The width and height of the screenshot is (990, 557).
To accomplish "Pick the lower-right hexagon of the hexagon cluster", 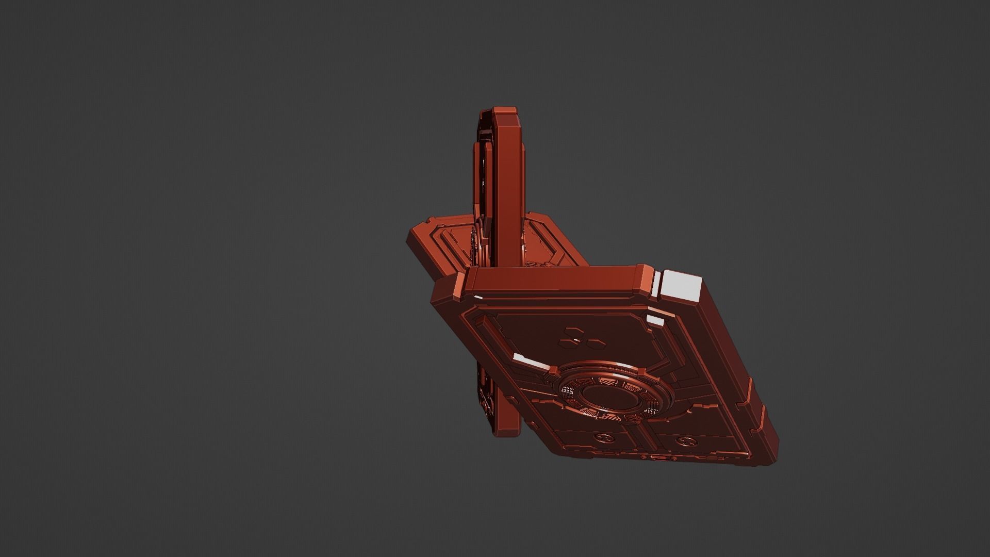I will (x=580, y=342).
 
